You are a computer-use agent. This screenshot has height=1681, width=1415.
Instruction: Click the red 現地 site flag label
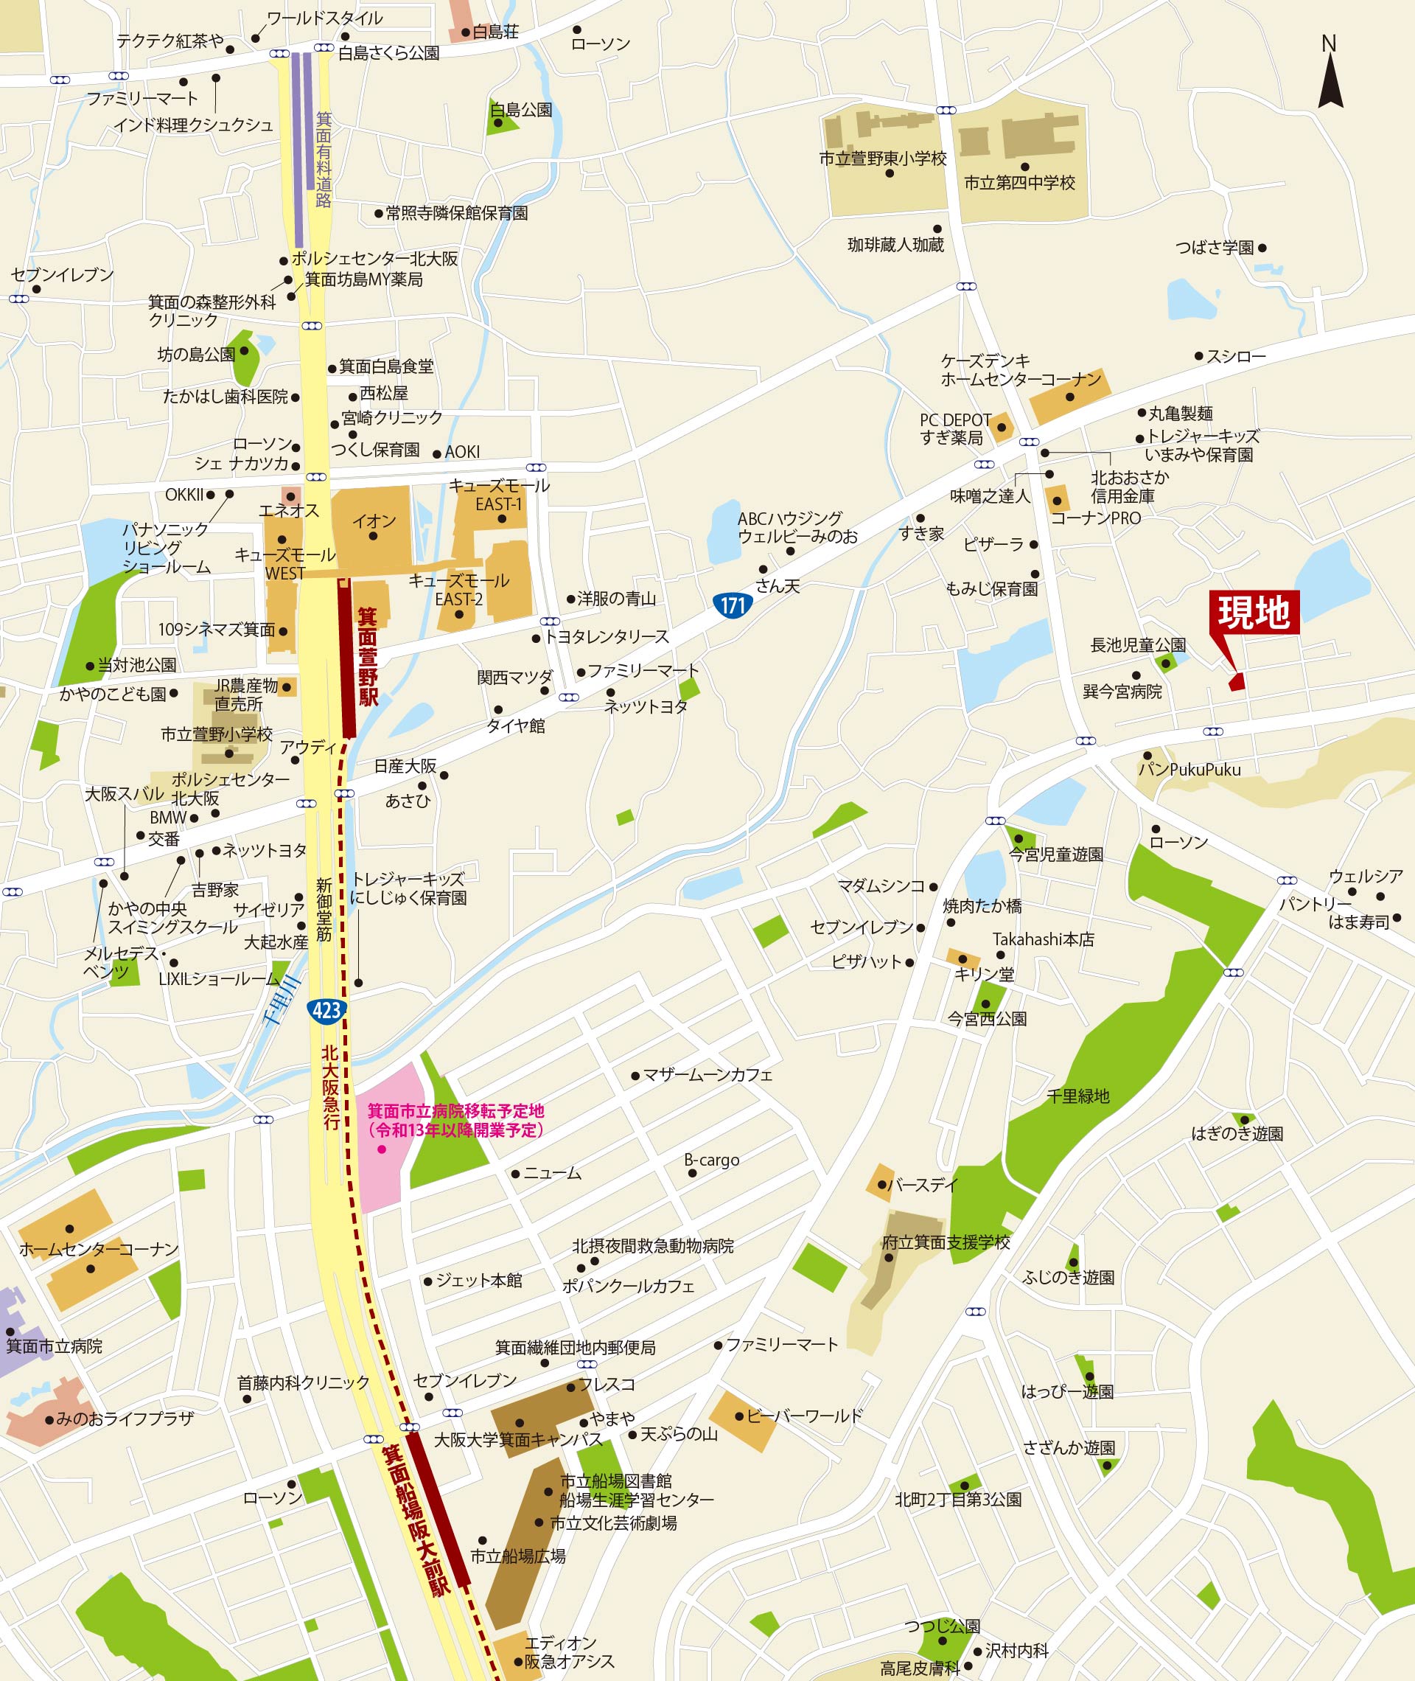coord(1254,612)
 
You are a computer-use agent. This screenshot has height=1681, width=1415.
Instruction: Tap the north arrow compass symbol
coord(1330,76)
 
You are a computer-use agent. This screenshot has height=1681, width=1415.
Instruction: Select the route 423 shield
coord(326,1010)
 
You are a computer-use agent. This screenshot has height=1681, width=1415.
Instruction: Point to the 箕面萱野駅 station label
coord(368,656)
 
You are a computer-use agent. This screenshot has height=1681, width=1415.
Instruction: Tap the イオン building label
coord(374,521)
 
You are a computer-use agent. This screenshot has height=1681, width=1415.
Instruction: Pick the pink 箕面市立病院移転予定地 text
coord(455,1120)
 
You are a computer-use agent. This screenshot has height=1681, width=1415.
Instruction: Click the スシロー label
coord(1235,356)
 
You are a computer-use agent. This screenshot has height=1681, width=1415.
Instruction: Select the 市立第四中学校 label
coord(1019,183)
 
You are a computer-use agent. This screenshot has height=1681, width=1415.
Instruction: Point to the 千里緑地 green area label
coord(1078,1096)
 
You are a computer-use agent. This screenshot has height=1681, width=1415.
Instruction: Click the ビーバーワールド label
coord(804,1416)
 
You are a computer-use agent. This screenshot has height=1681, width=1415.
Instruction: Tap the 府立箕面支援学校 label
coord(946,1242)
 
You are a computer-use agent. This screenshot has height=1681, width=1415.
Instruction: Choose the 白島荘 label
coord(495,32)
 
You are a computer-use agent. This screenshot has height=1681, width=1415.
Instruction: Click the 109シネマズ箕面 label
coord(217,630)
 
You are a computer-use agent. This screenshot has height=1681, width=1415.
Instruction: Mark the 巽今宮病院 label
coord(1122,692)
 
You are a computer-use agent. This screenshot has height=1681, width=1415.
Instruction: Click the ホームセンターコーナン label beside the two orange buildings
coord(99,1249)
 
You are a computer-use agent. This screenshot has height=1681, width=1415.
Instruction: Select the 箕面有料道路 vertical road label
coord(324,161)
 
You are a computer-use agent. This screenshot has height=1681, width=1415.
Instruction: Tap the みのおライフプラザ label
coord(125,1418)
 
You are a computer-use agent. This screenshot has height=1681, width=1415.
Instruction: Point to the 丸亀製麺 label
coord(1180,413)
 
